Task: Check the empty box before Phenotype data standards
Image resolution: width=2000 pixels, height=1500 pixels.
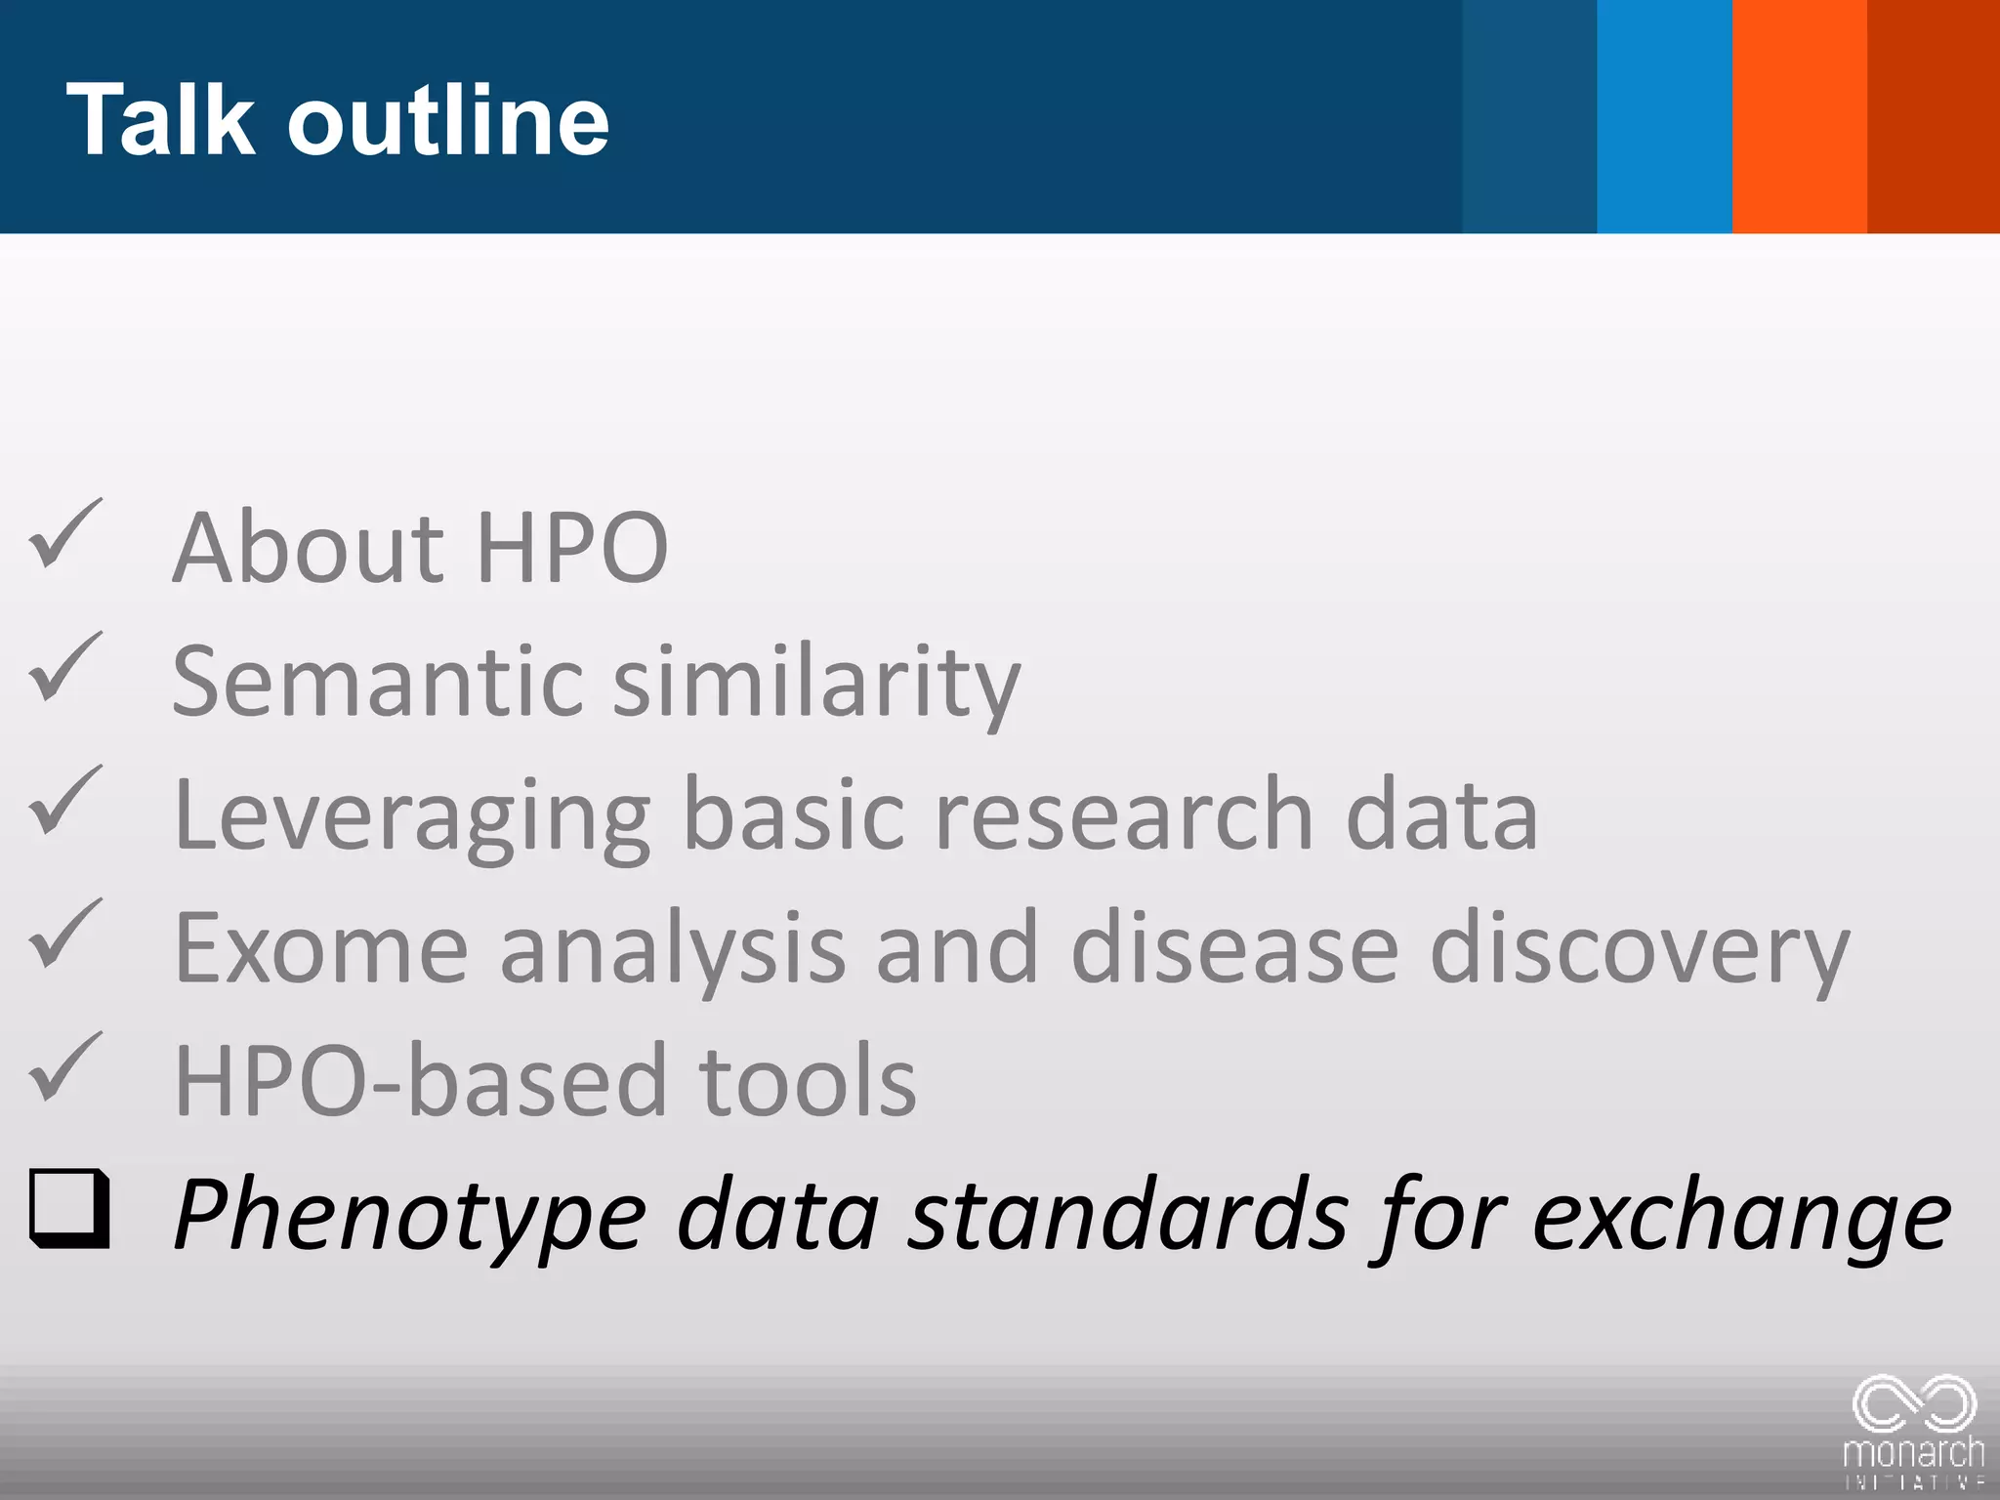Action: [69, 1208]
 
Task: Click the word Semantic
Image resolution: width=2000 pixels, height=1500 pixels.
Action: [377, 681]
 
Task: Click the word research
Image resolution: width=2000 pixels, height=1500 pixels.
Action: [1123, 814]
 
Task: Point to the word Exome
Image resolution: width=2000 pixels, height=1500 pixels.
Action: [321, 947]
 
